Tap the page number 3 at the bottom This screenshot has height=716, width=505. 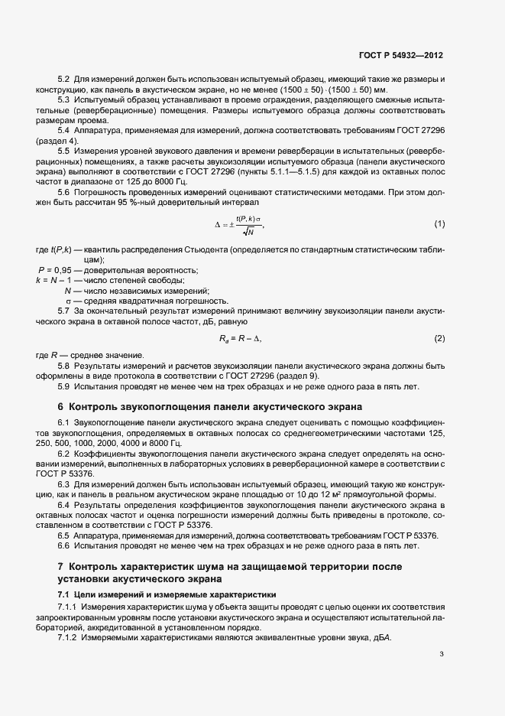[x=442, y=653]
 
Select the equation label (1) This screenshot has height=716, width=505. [x=439, y=223]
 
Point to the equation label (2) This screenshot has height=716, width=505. [x=439, y=337]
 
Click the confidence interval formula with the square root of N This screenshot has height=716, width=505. [x=239, y=224]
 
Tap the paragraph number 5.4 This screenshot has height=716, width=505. [x=64, y=132]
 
